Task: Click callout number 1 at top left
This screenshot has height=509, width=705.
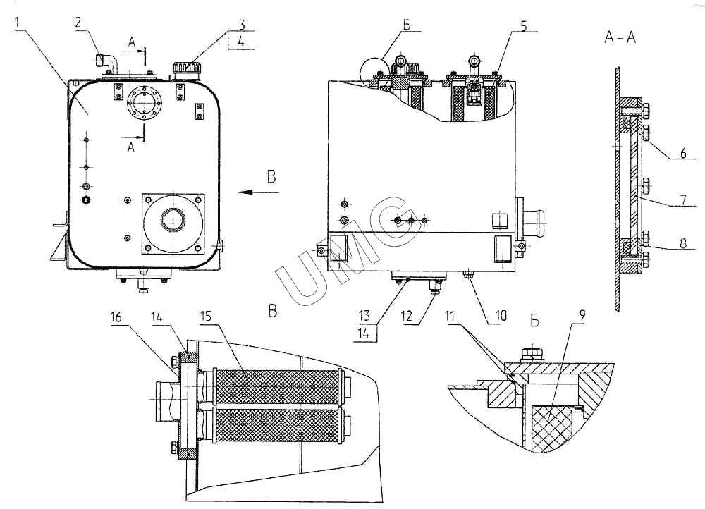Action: [x=18, y=22]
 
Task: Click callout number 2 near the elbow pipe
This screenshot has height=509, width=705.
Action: [x=78, y=23]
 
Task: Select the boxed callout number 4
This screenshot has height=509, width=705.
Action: [x=241, y=42]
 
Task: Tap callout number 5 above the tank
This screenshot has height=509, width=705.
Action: [x=523, y=26]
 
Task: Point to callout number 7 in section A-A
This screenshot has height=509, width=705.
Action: [x=683, y=200]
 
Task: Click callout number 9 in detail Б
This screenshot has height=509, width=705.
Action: [x=582, y=316]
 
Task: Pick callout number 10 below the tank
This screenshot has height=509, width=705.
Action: [x=501, y=315]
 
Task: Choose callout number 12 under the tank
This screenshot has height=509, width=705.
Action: [x=407, y=316]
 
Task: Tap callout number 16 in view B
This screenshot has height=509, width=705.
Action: [x=116, y=317]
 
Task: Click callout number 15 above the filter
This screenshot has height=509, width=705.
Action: [x=205, y=317]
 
